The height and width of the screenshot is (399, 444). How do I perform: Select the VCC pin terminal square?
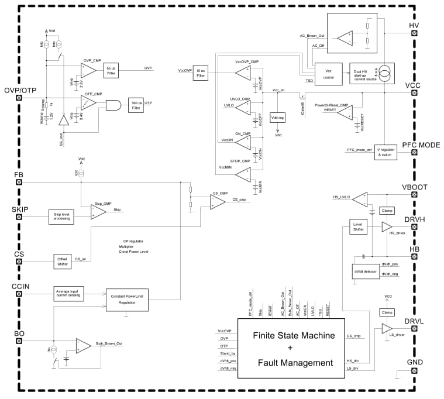point(415,95)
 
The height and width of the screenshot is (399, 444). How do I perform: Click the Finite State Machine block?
point(291,349)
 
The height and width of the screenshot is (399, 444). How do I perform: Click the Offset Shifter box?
point(62,262)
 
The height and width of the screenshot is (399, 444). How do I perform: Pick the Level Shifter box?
point(356,226)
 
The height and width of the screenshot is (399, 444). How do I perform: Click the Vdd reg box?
point(277,118)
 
